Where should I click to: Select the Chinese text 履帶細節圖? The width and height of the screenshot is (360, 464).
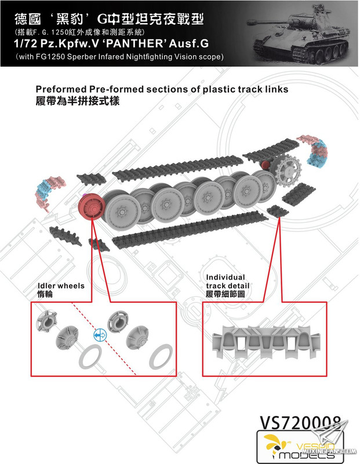coord(227,295)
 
